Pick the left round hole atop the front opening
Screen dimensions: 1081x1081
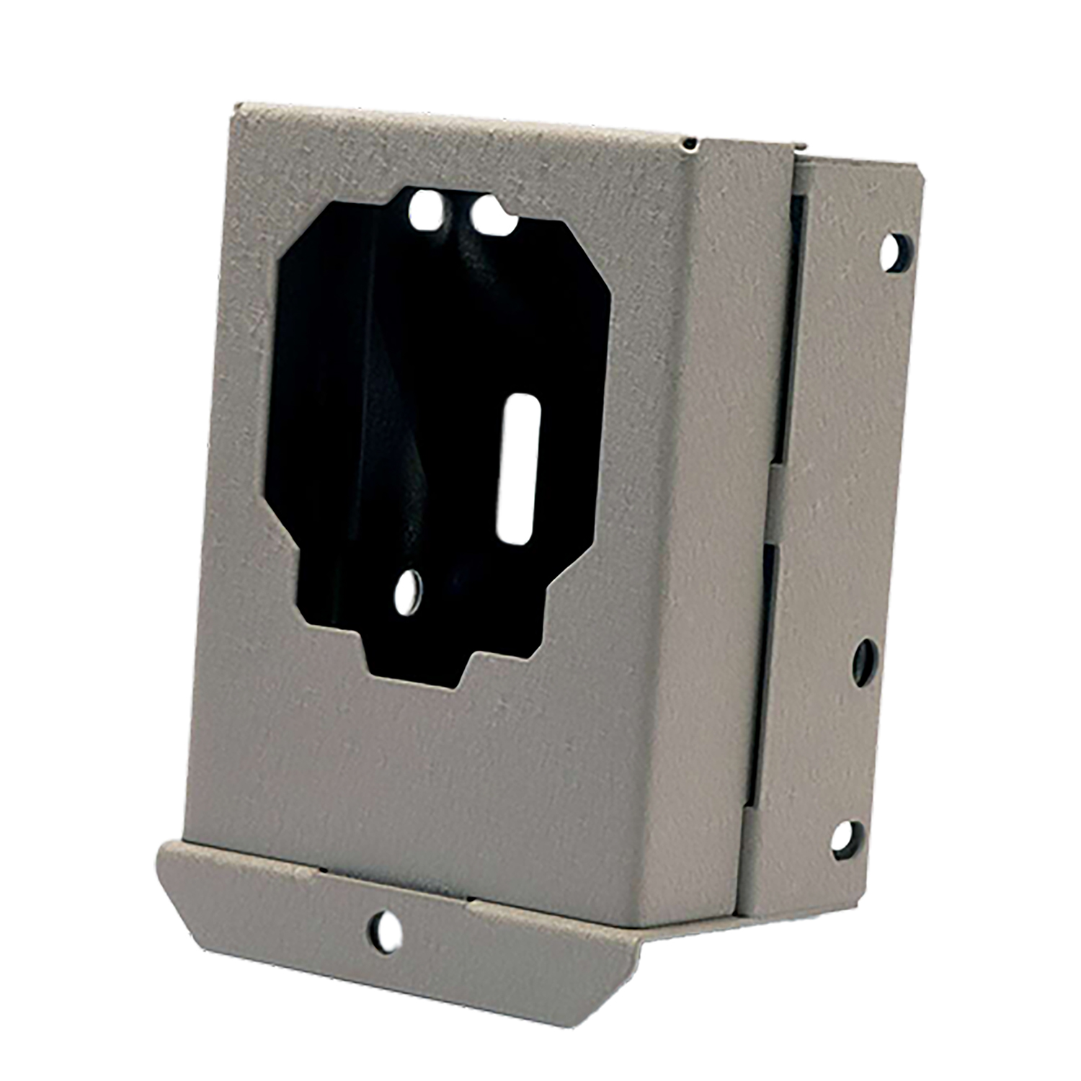(427, 210)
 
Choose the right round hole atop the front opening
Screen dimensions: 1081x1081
(490, 214)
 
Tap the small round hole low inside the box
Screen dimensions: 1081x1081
(409, 592)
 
